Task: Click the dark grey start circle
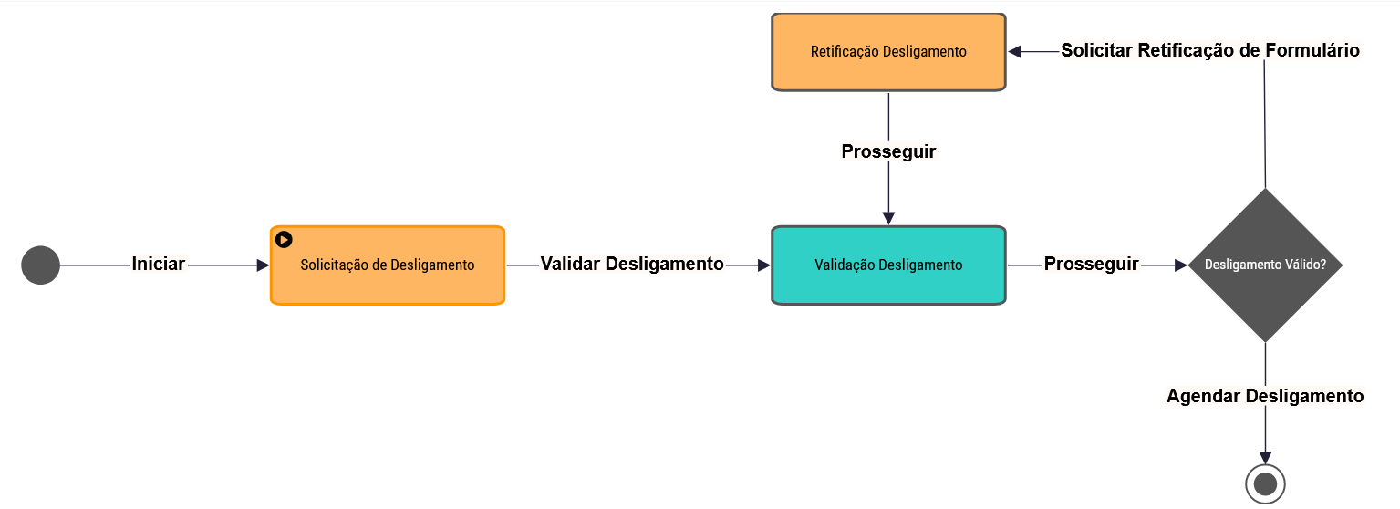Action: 40,265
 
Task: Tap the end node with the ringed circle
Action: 1265,483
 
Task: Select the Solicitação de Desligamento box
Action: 388,265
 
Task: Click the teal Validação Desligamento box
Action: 888,265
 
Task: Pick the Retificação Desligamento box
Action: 888,52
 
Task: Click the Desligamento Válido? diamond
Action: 1265,265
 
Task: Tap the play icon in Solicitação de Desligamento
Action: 284,239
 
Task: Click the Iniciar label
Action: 159,265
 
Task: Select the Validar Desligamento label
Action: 632,265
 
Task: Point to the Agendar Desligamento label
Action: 1265,396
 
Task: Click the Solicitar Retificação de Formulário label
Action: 1209,51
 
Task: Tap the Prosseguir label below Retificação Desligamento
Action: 888,151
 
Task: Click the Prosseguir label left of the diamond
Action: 1091,265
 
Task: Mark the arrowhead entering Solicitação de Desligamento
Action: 264,265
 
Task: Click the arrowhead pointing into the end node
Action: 1265,458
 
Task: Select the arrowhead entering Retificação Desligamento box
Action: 1015,52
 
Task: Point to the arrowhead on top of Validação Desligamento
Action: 888,218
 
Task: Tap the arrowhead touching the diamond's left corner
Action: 1181,265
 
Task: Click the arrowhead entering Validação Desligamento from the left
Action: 764,265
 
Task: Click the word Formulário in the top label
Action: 1312,51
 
